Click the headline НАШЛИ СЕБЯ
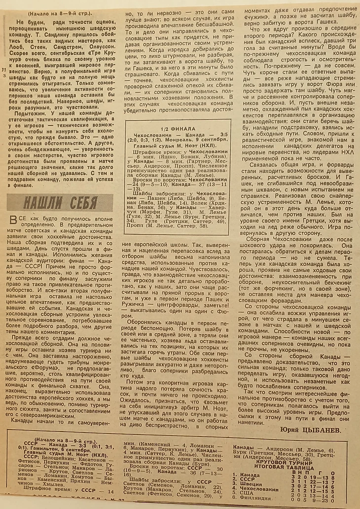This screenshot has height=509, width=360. click(54, 203)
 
